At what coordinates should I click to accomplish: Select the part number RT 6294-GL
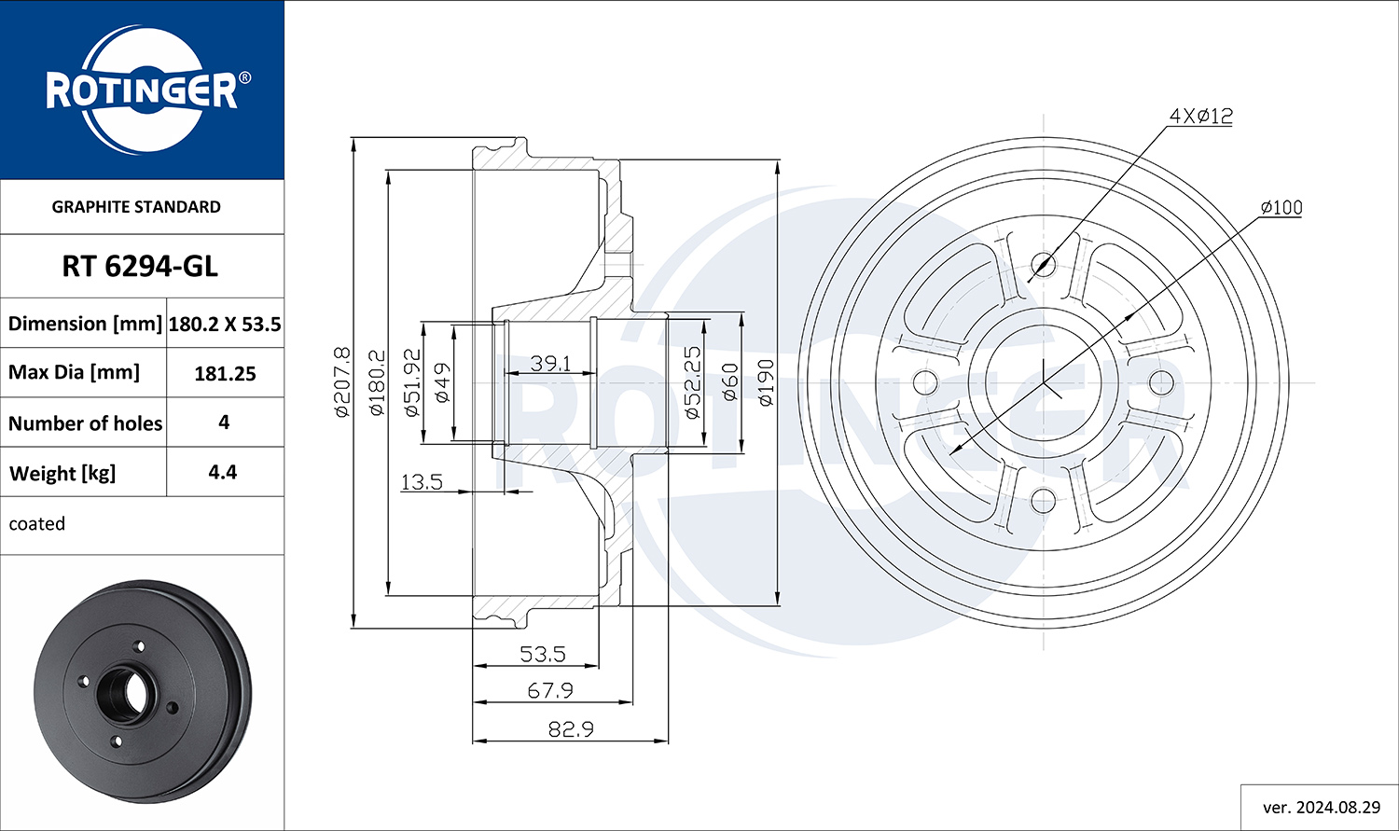[140, 267]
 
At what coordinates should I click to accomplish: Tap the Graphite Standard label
[136, 207]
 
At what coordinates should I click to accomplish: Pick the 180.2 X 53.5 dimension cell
[225, 324]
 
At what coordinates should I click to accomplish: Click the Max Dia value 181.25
[225, 373]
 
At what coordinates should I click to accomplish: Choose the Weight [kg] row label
[62, 473]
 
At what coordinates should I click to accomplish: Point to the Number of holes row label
[85, 423]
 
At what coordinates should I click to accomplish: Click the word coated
[37, 523]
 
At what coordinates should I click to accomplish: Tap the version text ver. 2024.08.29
[1322, 808]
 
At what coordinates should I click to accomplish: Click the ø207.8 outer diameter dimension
[342, 382]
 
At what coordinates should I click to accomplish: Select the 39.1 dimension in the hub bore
[550, 363]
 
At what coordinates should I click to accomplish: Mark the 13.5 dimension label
[422, 482]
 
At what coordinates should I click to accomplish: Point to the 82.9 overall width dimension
[571, 728]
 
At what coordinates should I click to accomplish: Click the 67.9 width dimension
[550, 690]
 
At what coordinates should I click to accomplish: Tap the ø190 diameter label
[766, 382]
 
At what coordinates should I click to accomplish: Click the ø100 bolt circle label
[1281, 207]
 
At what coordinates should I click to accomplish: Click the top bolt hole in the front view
[1043, 265]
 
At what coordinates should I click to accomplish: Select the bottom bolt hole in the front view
[1043, 500]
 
